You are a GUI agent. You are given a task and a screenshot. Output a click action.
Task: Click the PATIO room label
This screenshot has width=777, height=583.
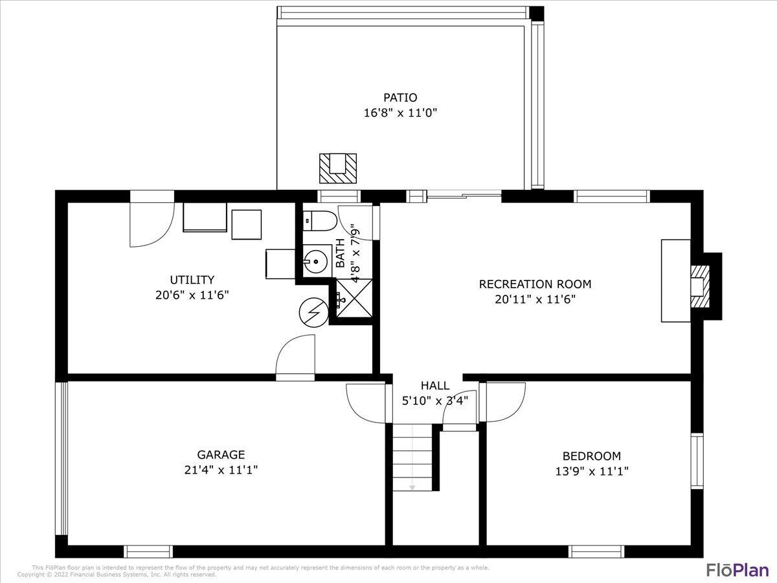400,98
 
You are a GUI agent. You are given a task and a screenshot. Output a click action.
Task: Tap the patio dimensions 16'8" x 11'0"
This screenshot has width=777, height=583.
400,113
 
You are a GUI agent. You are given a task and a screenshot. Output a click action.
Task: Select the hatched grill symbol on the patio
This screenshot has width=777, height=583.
338,168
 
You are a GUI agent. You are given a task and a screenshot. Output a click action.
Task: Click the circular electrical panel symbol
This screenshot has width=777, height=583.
313,314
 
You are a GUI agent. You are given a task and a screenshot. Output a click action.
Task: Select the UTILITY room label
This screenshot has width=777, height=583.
192,280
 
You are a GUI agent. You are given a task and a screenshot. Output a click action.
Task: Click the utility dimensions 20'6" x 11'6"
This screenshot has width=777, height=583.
192,295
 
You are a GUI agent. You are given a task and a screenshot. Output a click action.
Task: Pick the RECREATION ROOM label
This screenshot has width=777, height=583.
535,284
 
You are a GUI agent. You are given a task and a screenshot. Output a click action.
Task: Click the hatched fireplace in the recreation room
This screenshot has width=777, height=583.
699,286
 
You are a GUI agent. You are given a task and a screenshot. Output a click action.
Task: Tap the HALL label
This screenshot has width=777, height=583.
435,386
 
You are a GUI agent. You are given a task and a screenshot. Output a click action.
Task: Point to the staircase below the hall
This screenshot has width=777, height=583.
412,457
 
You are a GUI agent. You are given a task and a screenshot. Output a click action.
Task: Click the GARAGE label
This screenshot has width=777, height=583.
221,455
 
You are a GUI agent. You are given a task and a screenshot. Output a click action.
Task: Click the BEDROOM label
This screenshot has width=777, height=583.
591,456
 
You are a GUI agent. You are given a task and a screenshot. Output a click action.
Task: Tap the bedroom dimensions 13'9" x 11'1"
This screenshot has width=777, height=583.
591,472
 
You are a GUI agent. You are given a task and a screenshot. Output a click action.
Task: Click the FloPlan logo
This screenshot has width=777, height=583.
737,569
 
